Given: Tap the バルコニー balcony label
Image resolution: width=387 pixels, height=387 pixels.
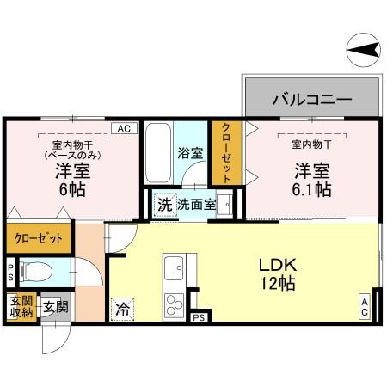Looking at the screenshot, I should (x=312, y=99).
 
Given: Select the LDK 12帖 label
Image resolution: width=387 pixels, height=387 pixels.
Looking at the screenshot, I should (x=279, y=273).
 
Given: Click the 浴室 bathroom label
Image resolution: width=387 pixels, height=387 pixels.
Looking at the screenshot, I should (x=190, y=153).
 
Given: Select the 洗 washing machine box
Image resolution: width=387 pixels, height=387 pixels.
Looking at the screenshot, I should (x=164, y=205).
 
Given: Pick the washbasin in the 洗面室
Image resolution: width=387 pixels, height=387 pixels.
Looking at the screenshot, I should (x=225, y=205).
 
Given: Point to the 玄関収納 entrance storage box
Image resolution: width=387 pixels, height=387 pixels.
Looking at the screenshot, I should (x=21, y=306).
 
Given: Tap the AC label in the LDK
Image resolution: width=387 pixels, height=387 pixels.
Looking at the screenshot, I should (x=365, y=306).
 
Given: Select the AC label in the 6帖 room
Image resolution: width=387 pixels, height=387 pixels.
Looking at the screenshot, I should (x=123, y=128).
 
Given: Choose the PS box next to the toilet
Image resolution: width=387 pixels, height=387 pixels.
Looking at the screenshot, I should (x=10, y=273).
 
